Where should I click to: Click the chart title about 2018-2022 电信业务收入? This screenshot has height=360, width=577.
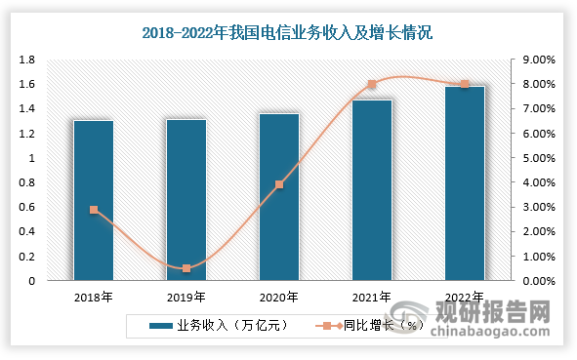[288, 33]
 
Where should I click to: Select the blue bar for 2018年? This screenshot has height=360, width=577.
[94, 200]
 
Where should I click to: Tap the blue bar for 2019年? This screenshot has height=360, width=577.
[186, 200]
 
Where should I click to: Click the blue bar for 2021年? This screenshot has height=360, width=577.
[372, 190]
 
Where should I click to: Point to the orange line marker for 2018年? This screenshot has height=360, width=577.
[94, 210]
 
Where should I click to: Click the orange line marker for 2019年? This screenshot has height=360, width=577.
[186, 268]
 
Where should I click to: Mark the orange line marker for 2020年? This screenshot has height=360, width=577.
[279, 184]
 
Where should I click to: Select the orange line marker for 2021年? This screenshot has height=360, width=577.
[372, 85]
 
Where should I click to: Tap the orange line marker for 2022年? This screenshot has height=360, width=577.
[465, 85]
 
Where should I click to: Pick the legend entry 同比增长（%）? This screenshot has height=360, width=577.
[375, 325]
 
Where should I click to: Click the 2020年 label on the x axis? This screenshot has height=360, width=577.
[279, 297]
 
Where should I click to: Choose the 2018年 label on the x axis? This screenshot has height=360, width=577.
[94, 297]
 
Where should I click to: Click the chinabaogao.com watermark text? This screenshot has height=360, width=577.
[494, 335]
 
